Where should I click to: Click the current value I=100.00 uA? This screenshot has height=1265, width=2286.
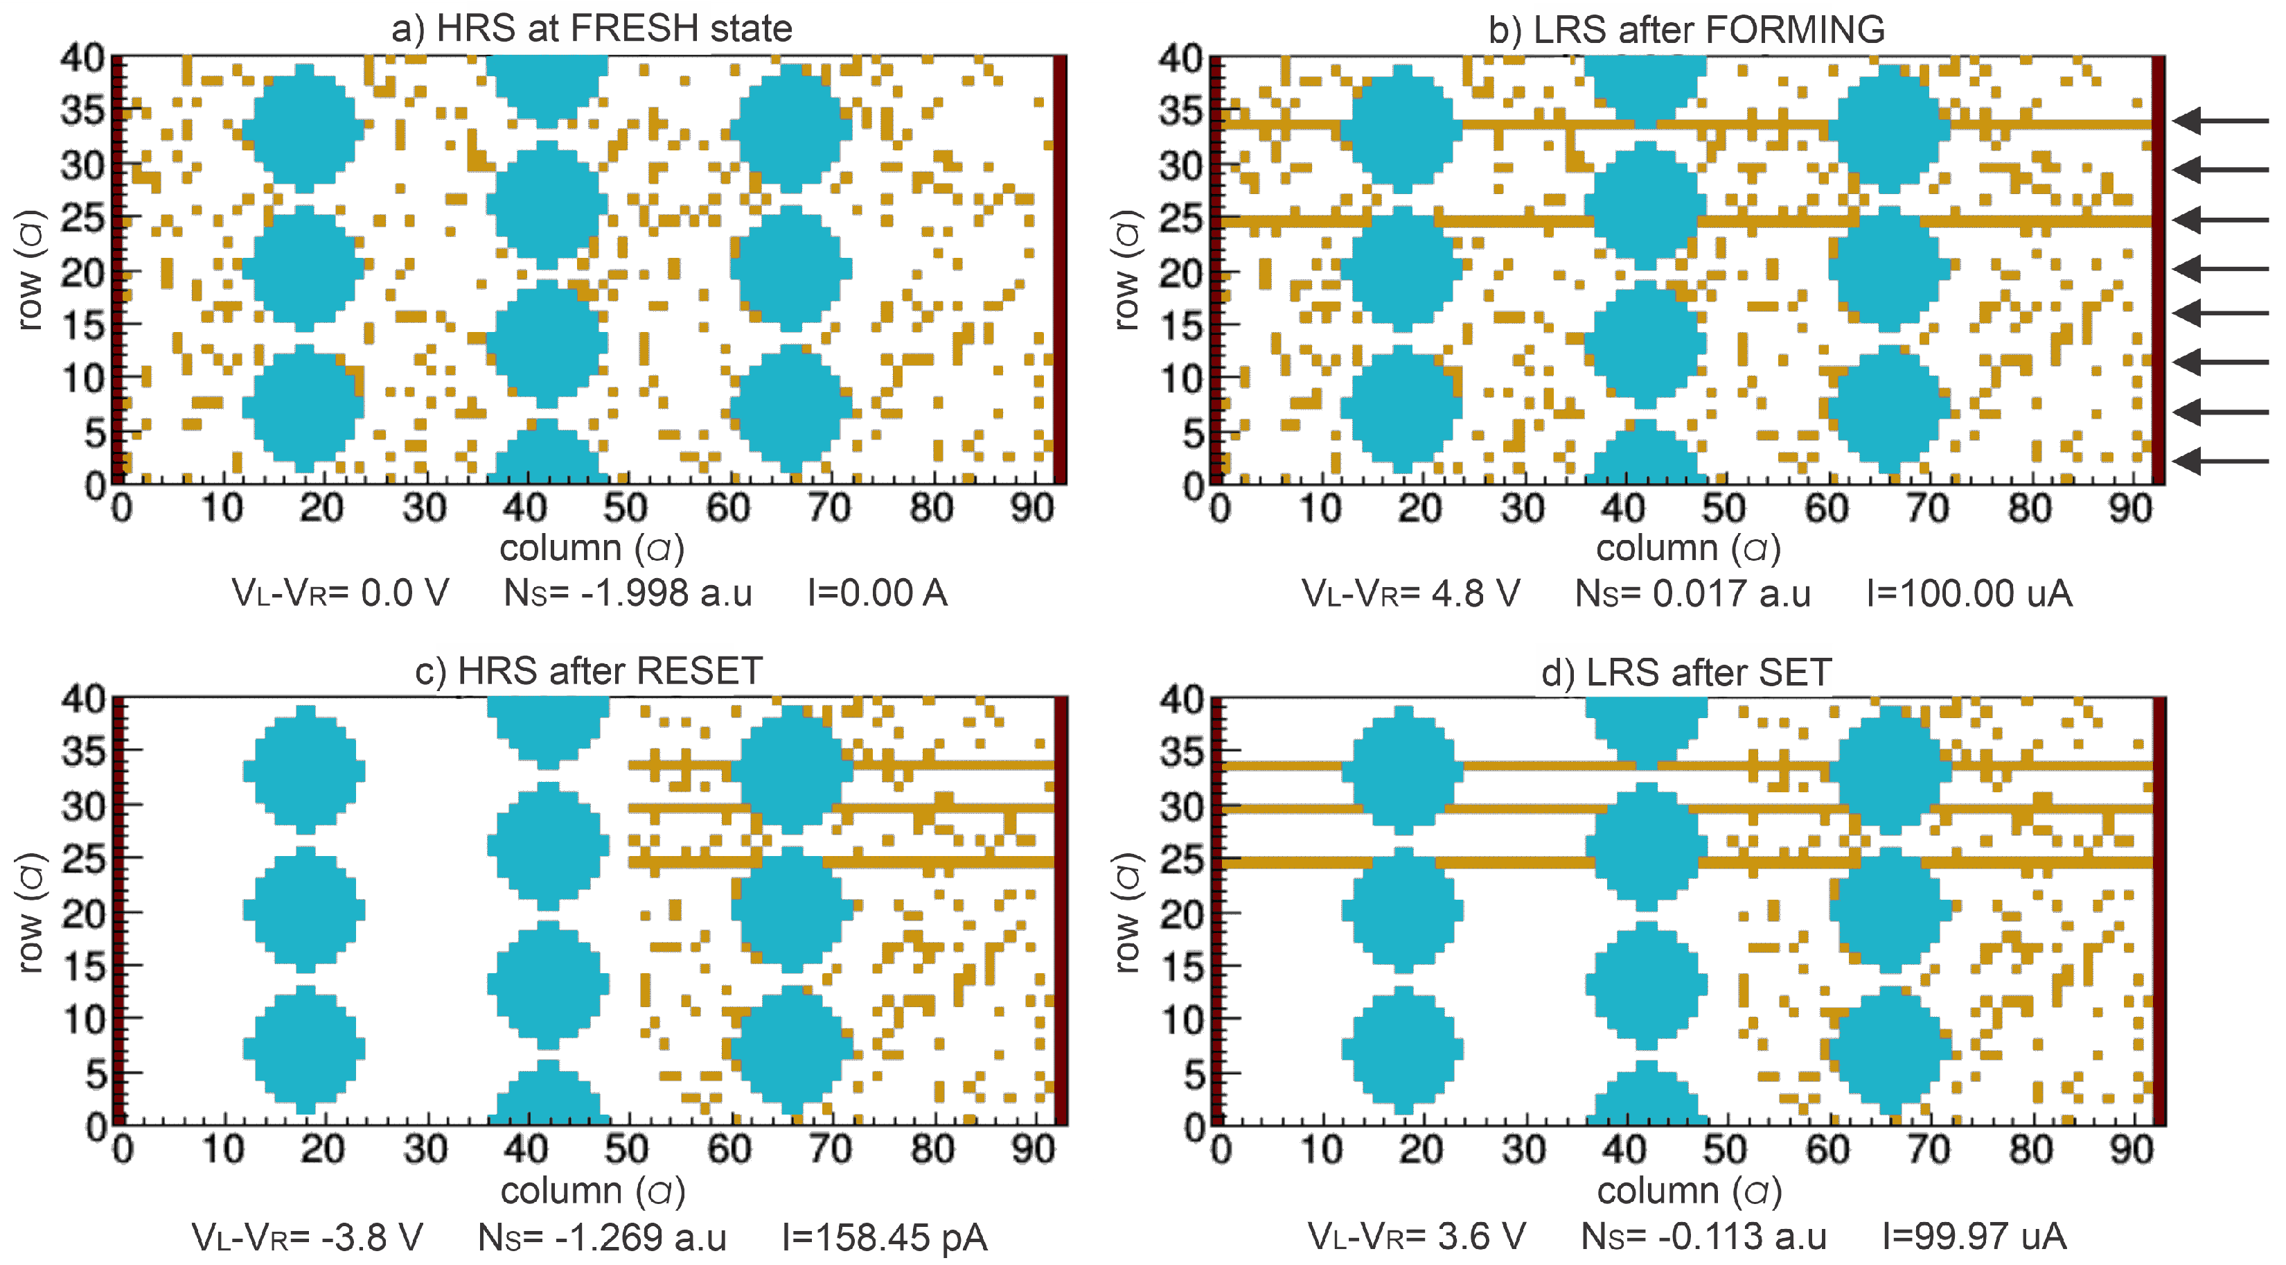click(1969, 594)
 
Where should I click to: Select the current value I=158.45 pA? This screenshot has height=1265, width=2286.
click(885, 1237)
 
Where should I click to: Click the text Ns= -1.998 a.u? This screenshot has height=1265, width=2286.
click(628, 593)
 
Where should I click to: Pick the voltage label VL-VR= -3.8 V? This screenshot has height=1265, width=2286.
click(307, 1237)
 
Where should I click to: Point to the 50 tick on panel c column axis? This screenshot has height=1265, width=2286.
click(626, 1150)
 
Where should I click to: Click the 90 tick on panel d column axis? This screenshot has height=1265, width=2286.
click(2130, 1151)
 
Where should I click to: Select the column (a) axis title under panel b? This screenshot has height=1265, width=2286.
click(1688, 548)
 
